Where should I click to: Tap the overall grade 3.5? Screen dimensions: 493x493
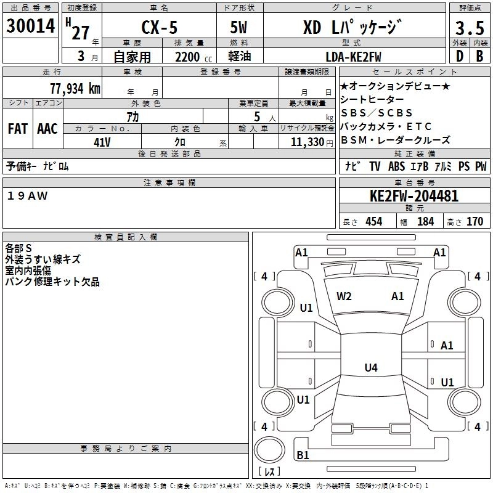469,28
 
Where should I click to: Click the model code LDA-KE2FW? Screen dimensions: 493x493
353,57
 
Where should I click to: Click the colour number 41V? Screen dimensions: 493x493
102,141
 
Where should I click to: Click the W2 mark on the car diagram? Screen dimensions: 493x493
344,296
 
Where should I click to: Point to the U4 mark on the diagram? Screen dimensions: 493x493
370,368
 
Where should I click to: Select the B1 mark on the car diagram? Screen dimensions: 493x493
303,455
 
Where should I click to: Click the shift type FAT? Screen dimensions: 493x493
17,129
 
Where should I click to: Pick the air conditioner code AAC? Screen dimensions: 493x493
47,129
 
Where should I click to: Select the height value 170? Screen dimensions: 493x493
475,221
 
